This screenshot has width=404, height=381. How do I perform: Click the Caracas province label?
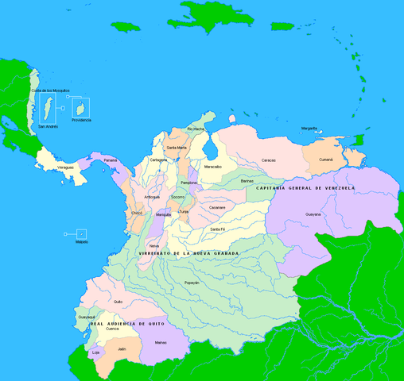269,160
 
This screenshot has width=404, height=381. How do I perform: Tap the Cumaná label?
326,160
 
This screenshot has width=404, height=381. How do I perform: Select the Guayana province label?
313,214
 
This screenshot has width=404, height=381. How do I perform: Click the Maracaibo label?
212,167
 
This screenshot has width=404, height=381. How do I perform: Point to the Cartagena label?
158,160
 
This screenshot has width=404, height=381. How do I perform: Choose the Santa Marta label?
176,148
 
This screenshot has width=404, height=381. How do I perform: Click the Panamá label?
110,160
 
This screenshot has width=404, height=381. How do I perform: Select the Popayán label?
192,283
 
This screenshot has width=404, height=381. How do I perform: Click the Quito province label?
118,302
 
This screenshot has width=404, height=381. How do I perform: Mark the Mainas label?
161,342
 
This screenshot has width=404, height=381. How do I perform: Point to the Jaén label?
122,348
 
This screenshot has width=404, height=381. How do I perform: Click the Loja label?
96,352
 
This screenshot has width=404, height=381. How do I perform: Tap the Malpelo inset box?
81,233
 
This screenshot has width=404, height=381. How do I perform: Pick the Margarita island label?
310,129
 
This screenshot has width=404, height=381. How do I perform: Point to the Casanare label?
217,207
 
